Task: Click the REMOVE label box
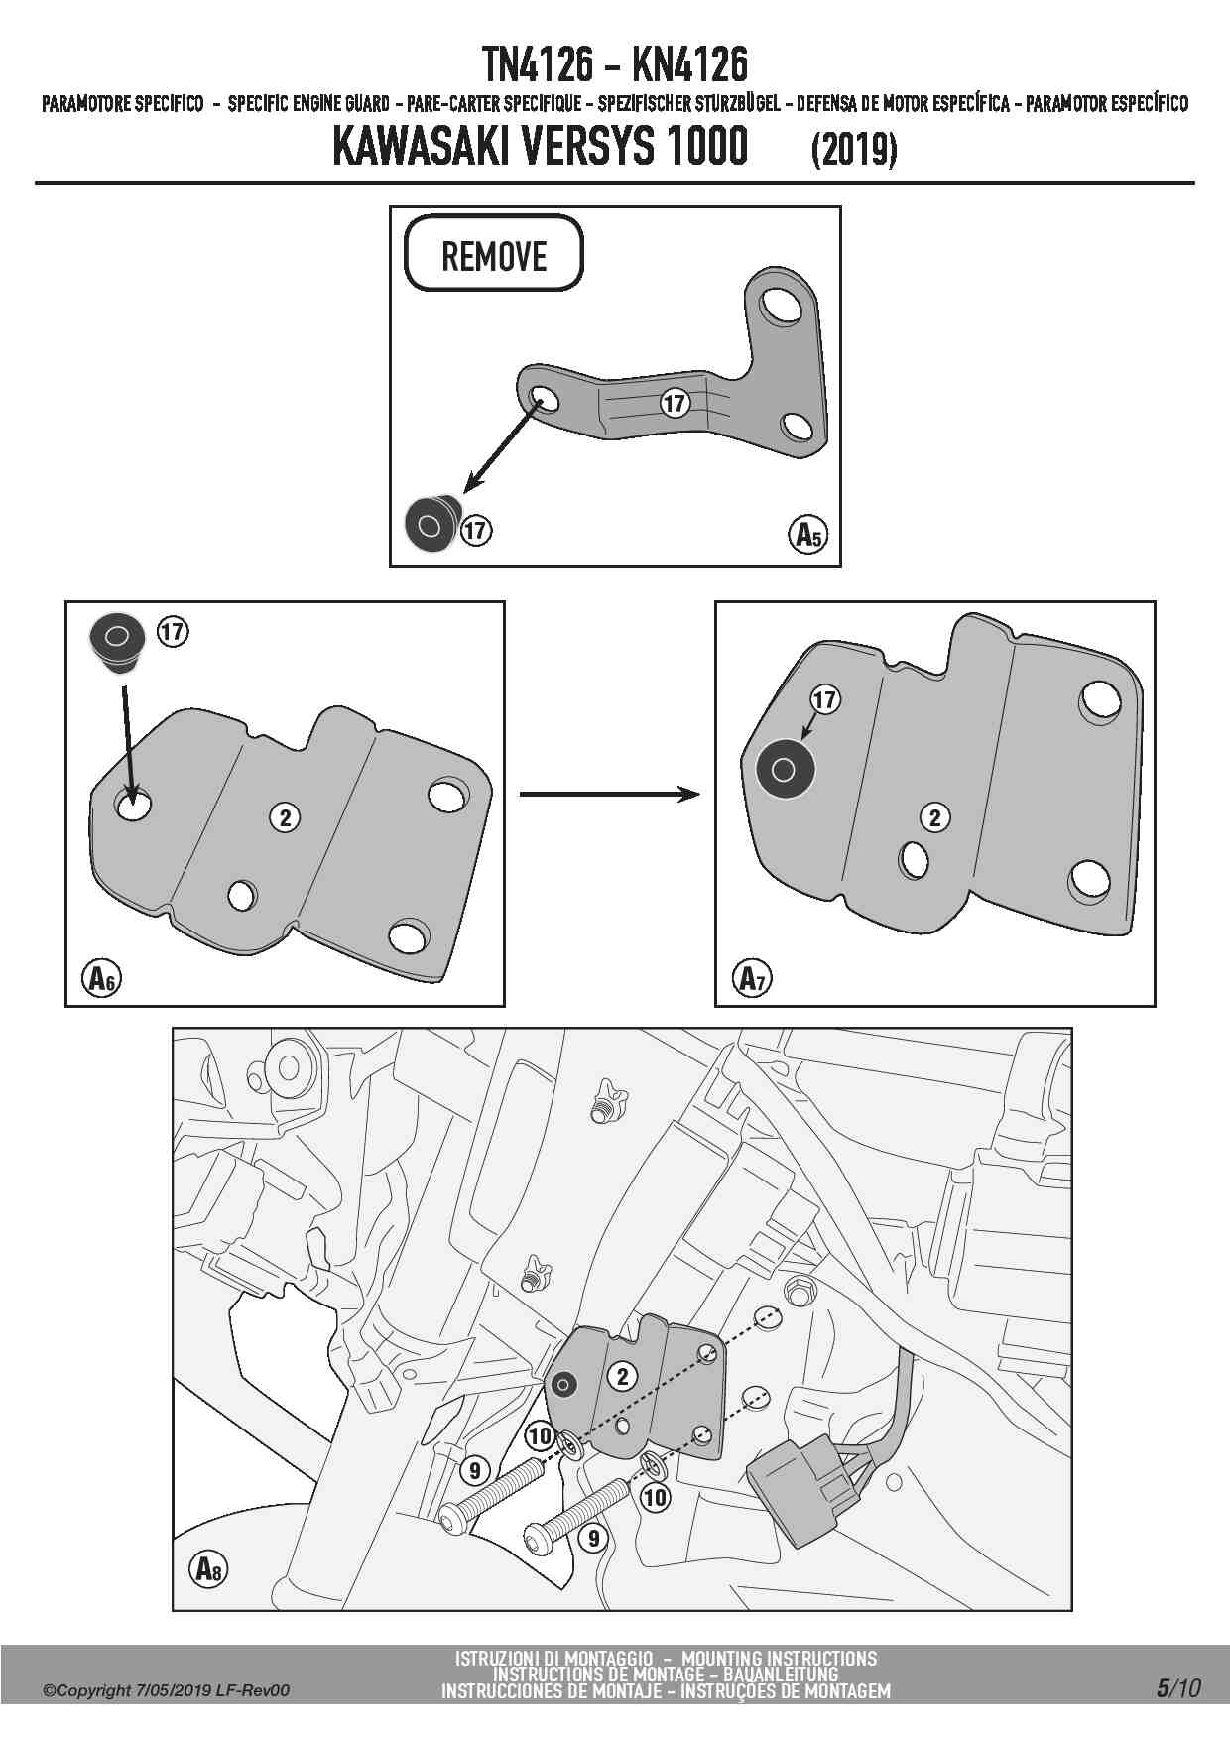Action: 493,254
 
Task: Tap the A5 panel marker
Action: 809,535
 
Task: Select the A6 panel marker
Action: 99,978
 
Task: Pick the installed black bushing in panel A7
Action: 784,769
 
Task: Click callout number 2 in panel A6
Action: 286,817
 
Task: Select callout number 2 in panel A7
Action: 934,817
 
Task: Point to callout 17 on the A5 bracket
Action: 675,403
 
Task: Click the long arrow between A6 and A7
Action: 609,794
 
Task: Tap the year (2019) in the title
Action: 853,151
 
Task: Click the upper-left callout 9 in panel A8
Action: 475,1470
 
